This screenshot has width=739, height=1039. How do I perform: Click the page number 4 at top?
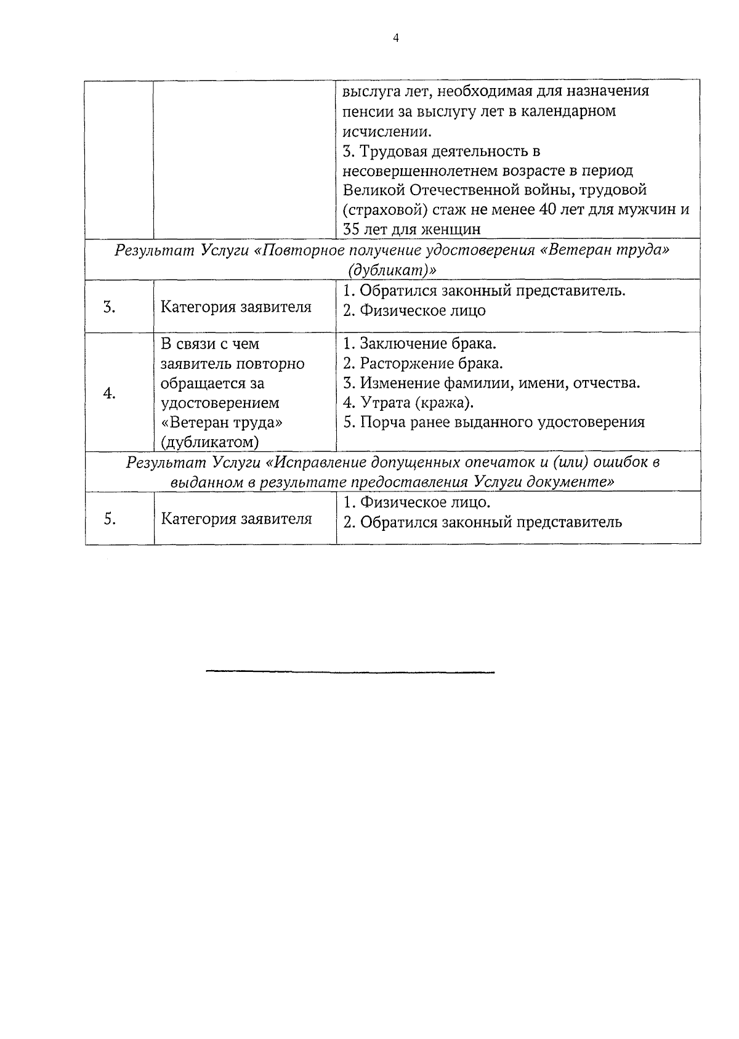click(x=395, y=38)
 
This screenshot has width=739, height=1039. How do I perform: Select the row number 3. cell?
click(x=110, y=307)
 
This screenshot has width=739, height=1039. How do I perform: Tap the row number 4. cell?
click(x=110, y=393)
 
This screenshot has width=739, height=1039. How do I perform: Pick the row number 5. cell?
click(x=110, y=519)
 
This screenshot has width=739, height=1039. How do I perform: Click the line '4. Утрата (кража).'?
click(x=408, y=403)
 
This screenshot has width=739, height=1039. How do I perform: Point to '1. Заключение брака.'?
click(x=419, y=343)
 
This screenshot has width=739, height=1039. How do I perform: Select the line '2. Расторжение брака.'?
click(x=423, y=363)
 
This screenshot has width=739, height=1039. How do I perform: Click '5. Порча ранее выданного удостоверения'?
click(x=494, y=422)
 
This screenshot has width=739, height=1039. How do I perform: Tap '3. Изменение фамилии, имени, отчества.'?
click(x=491, y=383)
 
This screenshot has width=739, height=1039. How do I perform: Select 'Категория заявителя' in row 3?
click(x=236, y=307)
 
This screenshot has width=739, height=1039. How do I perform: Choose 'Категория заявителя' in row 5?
click(x=236, y=519)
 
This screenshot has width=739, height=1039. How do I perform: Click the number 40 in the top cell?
click(x=547, y=209)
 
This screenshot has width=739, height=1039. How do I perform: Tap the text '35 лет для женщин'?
click(x=411, y=230)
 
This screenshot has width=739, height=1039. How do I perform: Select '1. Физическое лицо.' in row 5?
click(x=417, y=503)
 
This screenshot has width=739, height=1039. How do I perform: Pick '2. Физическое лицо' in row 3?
click(x=414, y=311)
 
